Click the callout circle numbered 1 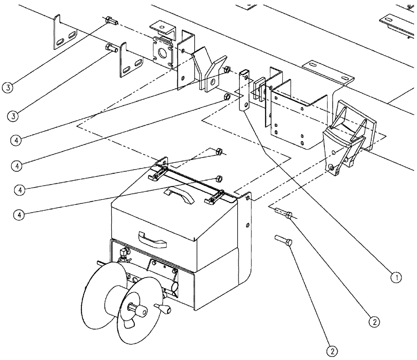(x=396, y=276)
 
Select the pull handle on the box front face (x=152, y=240)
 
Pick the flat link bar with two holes (x=244, y=92)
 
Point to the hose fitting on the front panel (x=124, y=253)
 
